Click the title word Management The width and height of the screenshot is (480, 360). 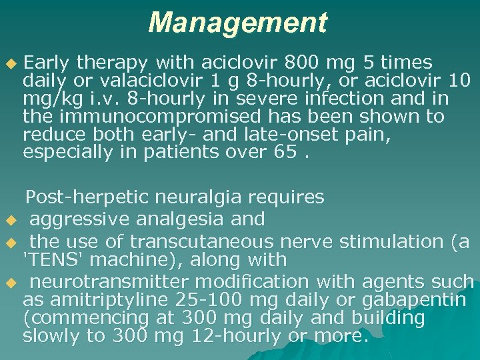pos(238,23)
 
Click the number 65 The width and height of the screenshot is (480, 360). pos(282,152)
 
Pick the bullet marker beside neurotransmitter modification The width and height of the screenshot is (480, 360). pos(9,282)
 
